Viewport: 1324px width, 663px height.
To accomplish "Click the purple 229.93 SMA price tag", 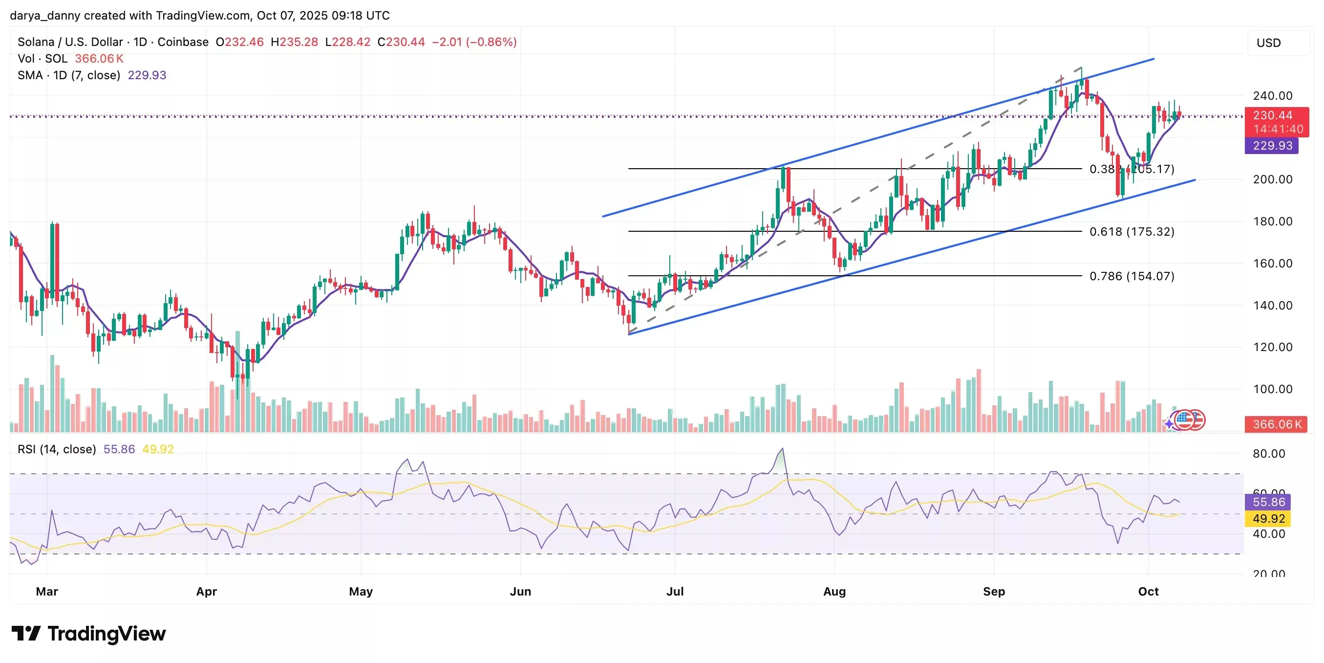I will pos(1272,146).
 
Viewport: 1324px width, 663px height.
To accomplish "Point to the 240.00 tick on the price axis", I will pos(1273,96).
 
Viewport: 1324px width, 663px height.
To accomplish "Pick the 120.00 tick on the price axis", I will pos(1273,347).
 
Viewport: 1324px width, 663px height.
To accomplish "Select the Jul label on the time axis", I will pos(674,592).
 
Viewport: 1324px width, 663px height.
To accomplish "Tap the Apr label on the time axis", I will pos(206,592).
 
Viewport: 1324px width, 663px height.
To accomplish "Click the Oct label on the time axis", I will pos(1148,592).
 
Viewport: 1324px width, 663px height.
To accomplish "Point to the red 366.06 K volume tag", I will pos(1276,424).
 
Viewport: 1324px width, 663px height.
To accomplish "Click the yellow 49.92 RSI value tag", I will pos(1268,518).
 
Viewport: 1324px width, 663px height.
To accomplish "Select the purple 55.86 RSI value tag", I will pos(1268,502).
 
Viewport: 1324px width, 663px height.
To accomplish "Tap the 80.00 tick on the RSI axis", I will pos(1268,454).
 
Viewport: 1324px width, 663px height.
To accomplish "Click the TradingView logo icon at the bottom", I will pos(26,633).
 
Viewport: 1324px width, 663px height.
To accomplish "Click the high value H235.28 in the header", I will pos(295,42).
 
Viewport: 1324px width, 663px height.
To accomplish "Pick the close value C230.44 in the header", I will pos(401,42).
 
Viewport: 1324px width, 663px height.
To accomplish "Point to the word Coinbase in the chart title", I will pos(182,42).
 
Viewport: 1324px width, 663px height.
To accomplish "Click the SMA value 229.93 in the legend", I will pos(147,75).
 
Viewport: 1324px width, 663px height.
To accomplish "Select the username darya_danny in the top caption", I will pos(45,16).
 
